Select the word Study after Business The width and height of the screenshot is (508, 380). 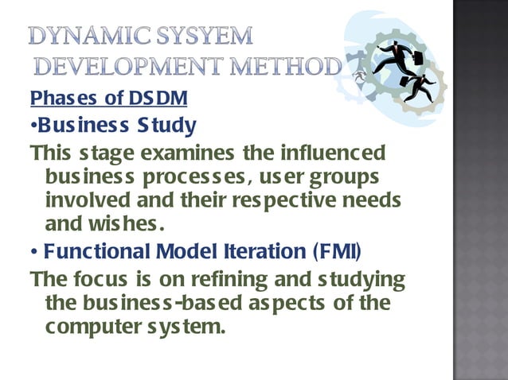pyautogui.click(x=168, y=126)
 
